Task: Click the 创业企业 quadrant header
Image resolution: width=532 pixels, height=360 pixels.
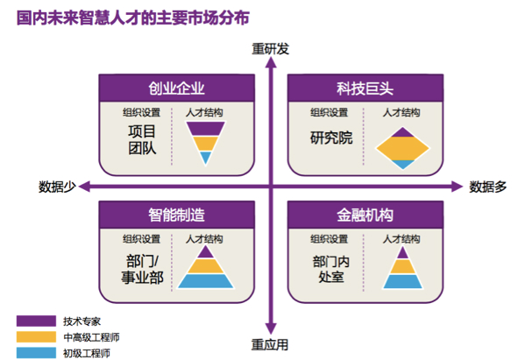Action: (176, 88)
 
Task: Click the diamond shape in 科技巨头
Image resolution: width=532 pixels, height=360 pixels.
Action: (401, 147)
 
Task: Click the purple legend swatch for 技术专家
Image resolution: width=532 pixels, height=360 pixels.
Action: (33, 321)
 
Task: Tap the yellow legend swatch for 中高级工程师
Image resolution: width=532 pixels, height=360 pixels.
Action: (33, 336)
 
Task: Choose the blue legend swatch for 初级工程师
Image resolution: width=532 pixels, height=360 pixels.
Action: (33, 352)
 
